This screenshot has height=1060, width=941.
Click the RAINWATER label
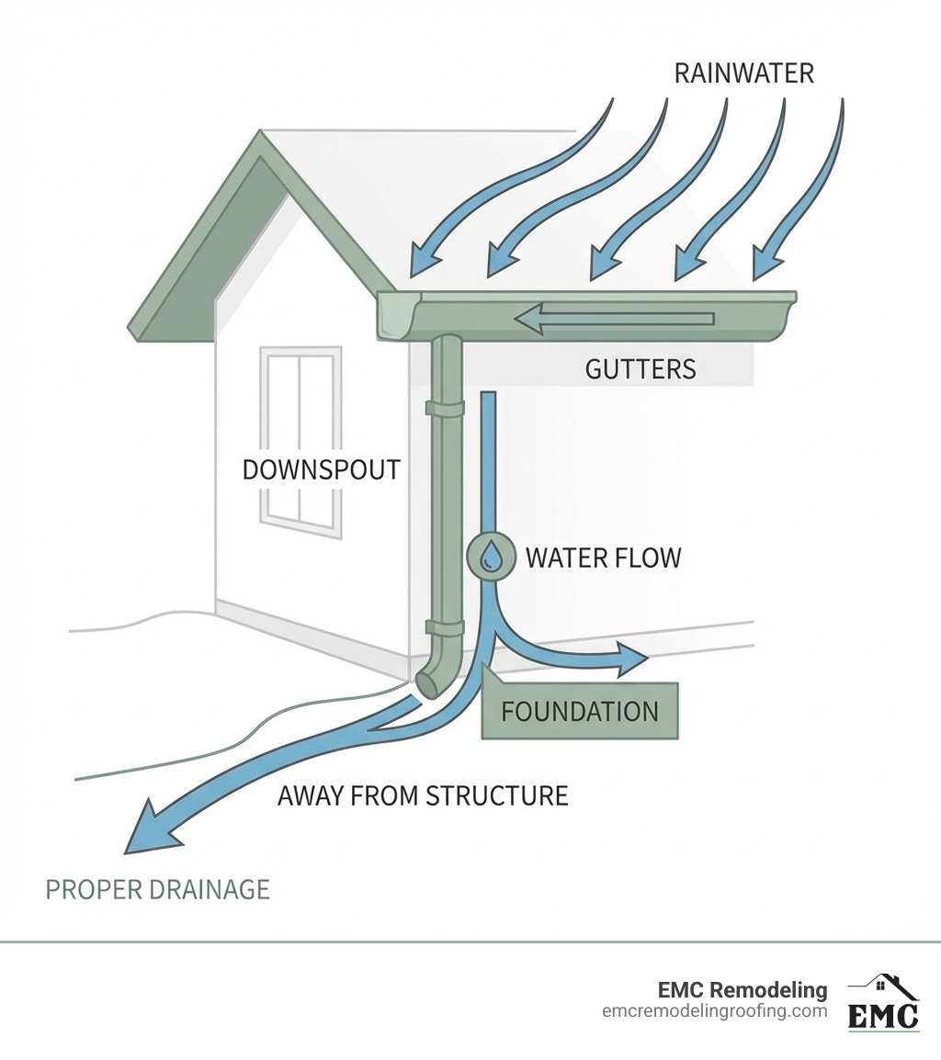coord(743,73)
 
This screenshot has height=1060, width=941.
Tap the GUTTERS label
coord(641,369)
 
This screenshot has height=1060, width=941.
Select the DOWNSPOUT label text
coord(321,469)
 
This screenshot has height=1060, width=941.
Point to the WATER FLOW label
coord(603,557)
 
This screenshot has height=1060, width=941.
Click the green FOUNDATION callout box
coord(580,711)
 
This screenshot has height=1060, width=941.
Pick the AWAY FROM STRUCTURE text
coord(423,795)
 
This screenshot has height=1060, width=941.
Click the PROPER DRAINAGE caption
coord(158,889)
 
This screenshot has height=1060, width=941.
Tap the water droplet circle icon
coord(493,556)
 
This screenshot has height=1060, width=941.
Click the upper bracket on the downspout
coord(445,409)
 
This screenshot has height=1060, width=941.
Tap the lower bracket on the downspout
coord(445,627)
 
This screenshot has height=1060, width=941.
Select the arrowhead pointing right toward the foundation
coord(631,659)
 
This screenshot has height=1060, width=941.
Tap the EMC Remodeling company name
coord(742,990)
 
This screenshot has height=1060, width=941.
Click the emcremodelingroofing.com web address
coord(714,1011)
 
